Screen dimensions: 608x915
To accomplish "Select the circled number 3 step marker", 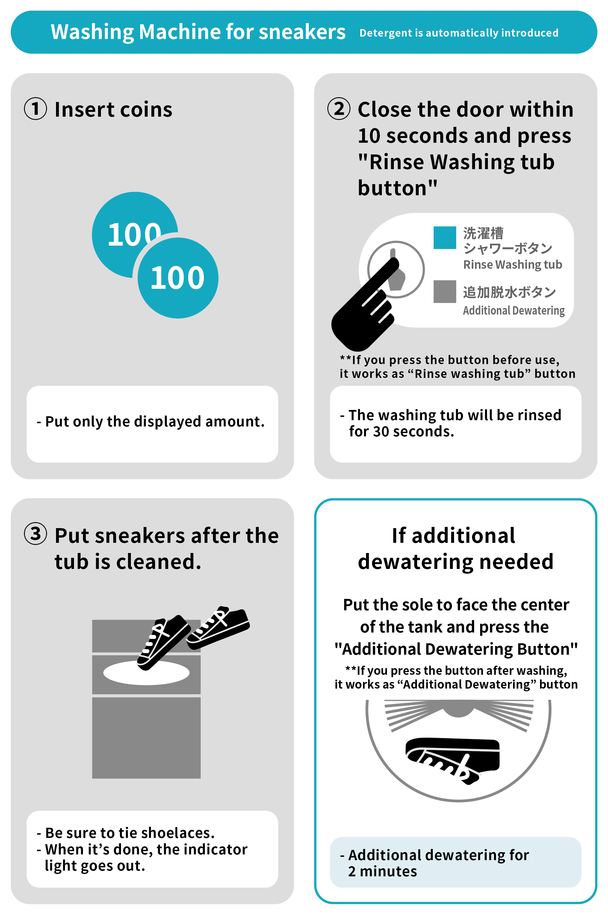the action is tap(35, 534).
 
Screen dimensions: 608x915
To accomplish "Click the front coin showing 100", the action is tap(178, 278).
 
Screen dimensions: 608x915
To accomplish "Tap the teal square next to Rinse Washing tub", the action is tap(445, 237).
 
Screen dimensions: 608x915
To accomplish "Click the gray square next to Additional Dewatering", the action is tap(445, 291).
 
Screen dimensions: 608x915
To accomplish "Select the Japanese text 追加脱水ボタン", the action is tap(509, 292).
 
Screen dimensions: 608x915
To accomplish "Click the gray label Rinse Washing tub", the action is tap(513, 265).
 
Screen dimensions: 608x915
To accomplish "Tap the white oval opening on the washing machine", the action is tap(146, 672).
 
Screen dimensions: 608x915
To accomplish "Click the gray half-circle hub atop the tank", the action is tap(458, 708).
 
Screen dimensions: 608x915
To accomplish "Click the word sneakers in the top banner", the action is tap(302, 32).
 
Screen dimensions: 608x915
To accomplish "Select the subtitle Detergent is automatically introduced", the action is tap(459, 33).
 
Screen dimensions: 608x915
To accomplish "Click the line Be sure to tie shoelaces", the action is tap(125, 833).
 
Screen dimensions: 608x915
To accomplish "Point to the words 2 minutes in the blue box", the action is tap(382, 872).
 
